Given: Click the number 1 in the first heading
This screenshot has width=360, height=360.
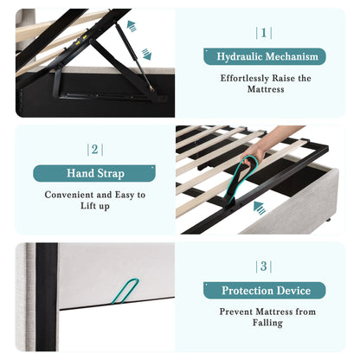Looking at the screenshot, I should tap(264, 33).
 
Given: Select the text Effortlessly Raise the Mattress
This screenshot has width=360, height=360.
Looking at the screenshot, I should tap(264, 84).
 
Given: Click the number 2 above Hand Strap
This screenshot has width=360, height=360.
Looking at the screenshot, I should tap(95, 149).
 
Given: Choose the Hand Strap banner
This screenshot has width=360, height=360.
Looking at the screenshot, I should tap(95, 173).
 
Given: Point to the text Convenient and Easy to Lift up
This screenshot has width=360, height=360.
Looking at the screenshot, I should tap(95, 202).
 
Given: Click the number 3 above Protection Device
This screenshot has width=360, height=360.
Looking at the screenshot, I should tap(264, 267).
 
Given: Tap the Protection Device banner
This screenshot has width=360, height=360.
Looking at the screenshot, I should tap(264, 291).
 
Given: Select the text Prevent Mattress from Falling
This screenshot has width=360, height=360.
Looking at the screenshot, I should tap(264, 318).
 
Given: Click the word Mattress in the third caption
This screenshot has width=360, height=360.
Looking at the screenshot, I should tap(270, 312).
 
